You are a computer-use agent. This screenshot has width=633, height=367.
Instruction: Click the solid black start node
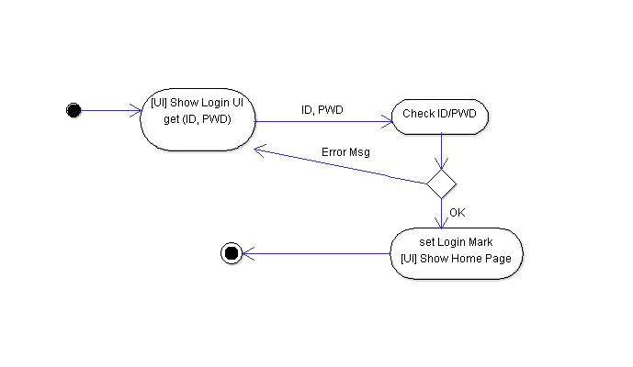point(74,111)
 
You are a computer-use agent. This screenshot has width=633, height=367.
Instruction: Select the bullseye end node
point(232,254)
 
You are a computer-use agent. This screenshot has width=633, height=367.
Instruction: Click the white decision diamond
point(442,183)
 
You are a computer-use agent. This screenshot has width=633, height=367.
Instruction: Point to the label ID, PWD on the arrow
point(322,110)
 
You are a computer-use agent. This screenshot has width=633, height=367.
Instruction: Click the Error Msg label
point(345,151)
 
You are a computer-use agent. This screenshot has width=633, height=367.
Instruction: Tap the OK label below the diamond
point(458,212)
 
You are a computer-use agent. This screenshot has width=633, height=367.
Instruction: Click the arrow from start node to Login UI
point(110,111)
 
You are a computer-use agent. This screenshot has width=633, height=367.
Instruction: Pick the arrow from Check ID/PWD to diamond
point(442,150)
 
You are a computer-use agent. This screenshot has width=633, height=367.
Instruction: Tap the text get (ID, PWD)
point(198,120)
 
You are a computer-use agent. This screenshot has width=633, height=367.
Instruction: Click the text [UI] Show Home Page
point(457,259)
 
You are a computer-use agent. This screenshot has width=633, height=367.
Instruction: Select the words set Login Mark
point(457,242)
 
